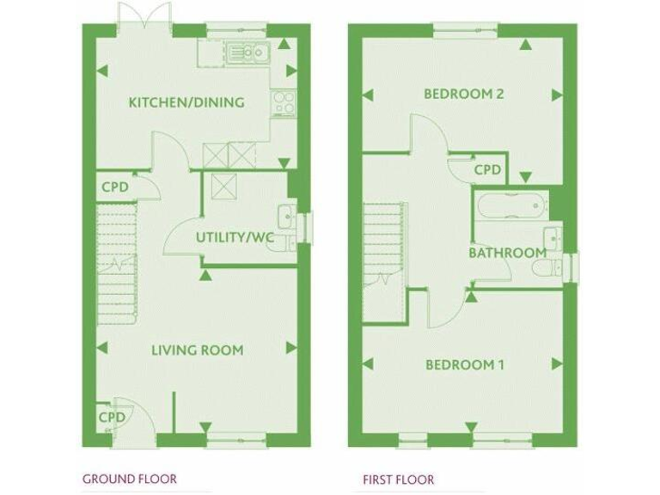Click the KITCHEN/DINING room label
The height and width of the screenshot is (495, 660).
pyautogui.click(x=186, y=102)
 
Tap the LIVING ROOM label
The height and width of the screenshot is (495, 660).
pyautogui.click(x=197, y=350)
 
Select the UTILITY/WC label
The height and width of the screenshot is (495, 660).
pyautogui.click(x=235, y=237)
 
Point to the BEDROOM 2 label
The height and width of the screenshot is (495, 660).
pyautogui.click(x=463, y=94)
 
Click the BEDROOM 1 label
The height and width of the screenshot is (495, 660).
pyautogui.click(x=465, y=365)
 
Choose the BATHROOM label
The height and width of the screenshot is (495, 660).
pyautogui.click(x=507, y=253)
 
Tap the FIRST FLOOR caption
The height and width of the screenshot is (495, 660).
pyautogui.click(x=398, y=480)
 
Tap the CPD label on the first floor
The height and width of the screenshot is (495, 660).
pyautogui.click(x=487, y=170)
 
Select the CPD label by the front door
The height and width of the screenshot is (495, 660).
pyautogui.click(x=111, y=418)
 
